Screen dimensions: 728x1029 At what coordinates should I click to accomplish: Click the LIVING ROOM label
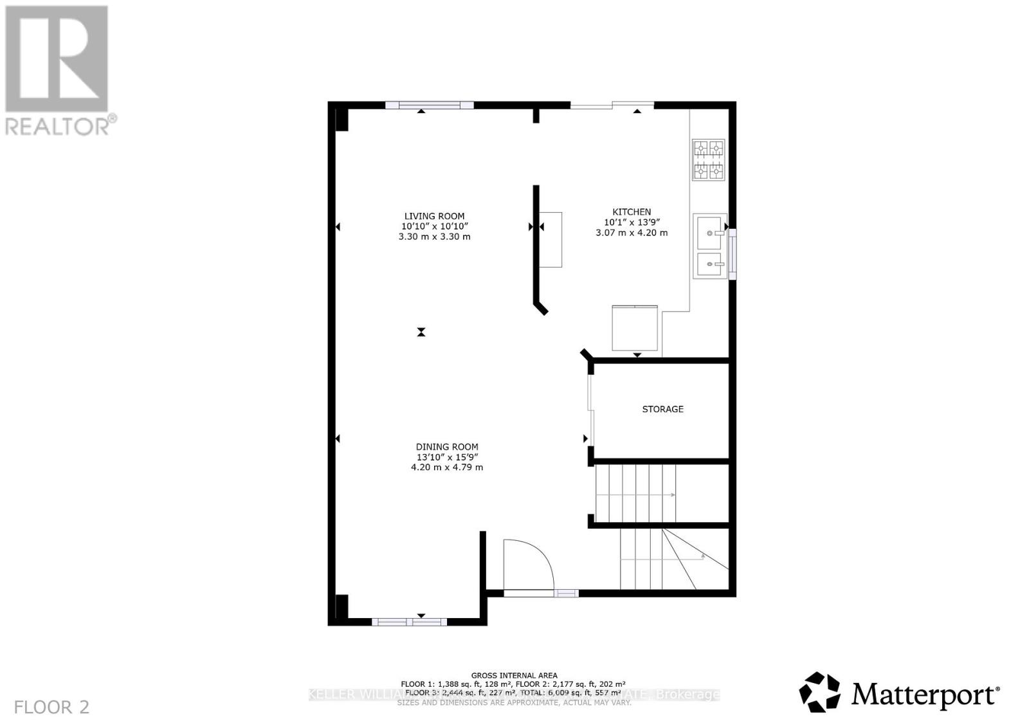(434, 217)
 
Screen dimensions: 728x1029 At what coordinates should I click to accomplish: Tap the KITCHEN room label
(631, 212)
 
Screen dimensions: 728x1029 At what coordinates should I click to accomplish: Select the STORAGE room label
(662, 409)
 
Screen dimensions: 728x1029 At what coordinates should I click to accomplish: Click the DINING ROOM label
(447, 447)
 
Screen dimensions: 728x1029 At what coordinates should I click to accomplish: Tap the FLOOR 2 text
(51, 707)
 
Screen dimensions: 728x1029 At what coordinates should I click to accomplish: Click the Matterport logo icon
(819, 693)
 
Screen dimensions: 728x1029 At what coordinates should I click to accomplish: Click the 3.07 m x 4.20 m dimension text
(632, 233)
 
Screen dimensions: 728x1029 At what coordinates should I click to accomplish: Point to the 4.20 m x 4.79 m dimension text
(447, 468)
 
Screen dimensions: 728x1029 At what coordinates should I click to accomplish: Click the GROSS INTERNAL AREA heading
(514, 675)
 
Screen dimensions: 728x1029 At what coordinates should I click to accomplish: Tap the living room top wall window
(429, 105)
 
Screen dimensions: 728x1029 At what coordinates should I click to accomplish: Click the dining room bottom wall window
(409, 622)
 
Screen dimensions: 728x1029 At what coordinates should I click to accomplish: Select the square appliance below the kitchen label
(635, 329)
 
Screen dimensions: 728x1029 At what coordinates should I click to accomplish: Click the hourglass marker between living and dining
(421, 332)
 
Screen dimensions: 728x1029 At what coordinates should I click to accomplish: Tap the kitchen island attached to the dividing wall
(551, 239)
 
